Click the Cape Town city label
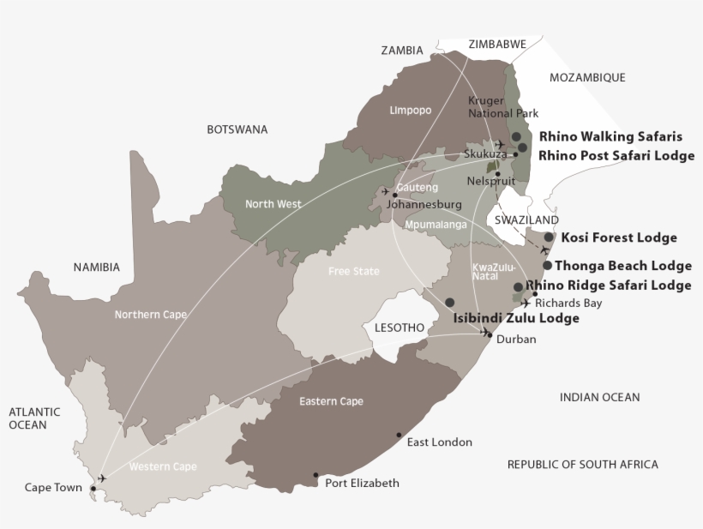53,488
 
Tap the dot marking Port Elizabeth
315,475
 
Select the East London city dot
399,435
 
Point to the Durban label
516,340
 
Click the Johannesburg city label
424,205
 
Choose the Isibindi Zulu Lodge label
516,318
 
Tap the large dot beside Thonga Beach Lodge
547,266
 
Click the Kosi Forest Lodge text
618,237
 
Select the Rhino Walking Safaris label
610,136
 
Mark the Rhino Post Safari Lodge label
616,156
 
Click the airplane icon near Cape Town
103,478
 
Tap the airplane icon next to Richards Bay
525,303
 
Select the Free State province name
353,272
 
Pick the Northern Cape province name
151,315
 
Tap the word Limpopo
410,111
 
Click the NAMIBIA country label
96,268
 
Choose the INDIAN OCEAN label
599,397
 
